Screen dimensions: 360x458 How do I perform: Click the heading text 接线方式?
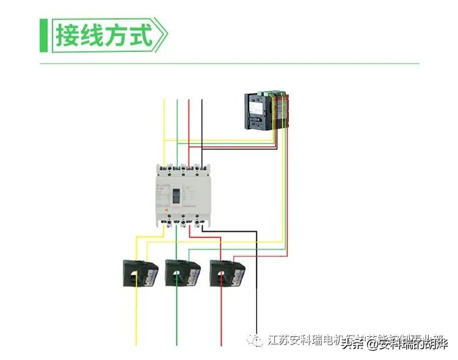(x=103, y=35)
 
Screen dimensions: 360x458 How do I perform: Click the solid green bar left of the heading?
(x=43, y=35)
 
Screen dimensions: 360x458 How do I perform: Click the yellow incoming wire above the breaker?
(x=164, y=128)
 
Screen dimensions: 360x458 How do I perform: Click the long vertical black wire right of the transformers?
(x=256, y=287)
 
